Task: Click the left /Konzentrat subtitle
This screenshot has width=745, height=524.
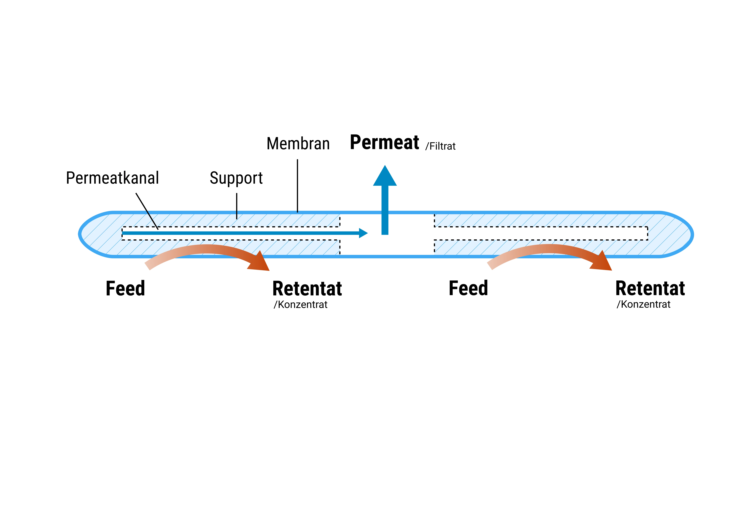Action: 300,305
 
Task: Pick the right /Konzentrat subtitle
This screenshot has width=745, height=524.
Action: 643,304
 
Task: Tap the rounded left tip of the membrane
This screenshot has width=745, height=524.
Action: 81,234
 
